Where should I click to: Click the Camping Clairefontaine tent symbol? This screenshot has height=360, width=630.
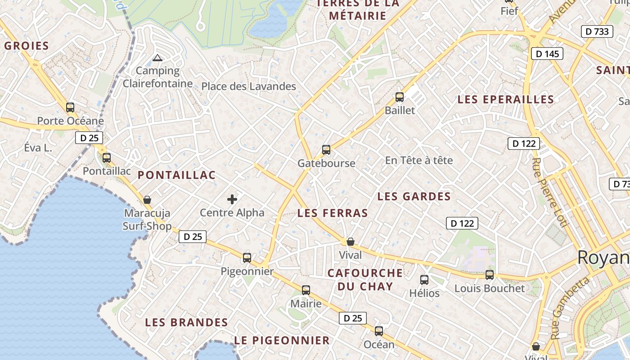click(x=157, y=58)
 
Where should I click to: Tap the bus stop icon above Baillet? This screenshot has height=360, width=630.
click(x=399, y=97)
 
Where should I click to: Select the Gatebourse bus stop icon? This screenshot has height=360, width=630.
click(x=326, y=150)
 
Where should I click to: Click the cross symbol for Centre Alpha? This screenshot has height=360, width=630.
click(x=232, y=199)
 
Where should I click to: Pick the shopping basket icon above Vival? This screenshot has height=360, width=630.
click(x=351, y=242)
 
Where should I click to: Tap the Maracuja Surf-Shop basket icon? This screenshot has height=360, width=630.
click(x=147, y=199)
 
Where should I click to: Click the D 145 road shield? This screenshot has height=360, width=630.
click(x=547, y=54)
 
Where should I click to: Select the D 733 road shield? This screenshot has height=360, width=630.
click(x=597, y=31)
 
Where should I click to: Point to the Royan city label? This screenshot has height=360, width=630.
click(x=603, y=257)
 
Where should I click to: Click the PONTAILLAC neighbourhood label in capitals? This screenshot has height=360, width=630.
click(x=176, y=175)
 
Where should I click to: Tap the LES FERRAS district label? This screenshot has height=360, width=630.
click(x=333, y=213)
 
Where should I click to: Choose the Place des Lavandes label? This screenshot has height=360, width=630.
click(x=248, y=86)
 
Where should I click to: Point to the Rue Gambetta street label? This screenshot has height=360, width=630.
click(x=570, y=308)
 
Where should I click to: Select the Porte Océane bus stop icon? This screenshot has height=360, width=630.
click(x=70, y=108)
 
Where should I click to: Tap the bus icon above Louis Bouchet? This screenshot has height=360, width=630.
click(x=490, y=274)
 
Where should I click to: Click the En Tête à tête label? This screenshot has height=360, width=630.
click(x=419, y=160)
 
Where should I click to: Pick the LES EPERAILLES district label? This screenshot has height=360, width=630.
click(x=505, y=99)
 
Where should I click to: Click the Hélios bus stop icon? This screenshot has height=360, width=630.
click(x=424, y=280)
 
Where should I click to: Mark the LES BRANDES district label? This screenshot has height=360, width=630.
click(x=186, y=322)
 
